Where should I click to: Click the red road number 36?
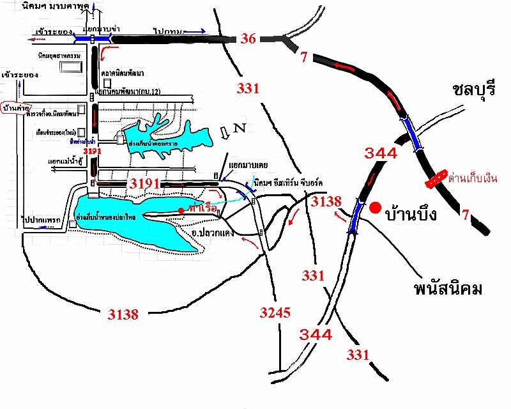(248, 39)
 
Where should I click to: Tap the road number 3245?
(275, 313)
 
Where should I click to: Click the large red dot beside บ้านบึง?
(376, 208)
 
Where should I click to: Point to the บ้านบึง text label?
(411, 214)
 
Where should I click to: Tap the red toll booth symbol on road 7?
(436, 180)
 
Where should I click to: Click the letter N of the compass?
(240, 127)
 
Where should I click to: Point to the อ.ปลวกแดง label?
(212, 233)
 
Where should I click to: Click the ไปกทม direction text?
(168, 30)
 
